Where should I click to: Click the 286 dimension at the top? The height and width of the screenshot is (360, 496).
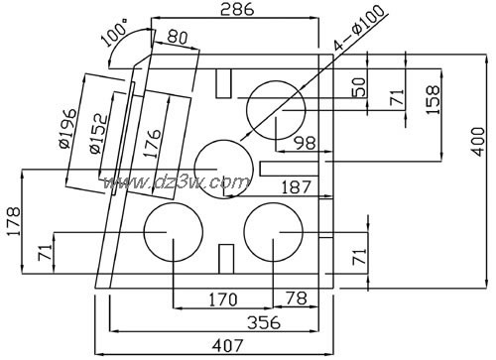coord(237,9)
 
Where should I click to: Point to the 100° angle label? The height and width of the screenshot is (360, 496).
coord(114,32)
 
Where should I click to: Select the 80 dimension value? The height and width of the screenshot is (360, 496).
coord(178,37)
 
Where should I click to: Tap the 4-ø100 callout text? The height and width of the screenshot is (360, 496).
coord(359,27)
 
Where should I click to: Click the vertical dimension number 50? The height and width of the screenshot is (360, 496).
coord(359,87)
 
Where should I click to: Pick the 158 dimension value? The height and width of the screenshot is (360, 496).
coord(433,100)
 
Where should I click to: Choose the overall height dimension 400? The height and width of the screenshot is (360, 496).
coord(478,141)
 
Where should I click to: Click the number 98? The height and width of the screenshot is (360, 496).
coord(306,143)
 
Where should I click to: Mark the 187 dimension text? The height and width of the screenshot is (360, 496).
coord(296,187)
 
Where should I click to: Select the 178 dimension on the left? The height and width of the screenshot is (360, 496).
coord(13,221)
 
